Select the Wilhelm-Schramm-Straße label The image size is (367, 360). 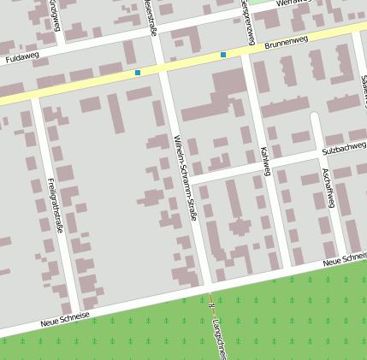click(186, 178)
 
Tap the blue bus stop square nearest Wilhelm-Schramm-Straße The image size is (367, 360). click(137, 73)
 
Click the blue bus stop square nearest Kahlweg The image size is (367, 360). click(223, 55)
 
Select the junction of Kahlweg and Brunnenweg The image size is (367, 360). click(244, 52)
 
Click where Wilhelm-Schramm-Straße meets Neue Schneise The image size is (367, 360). click(207, 286)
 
